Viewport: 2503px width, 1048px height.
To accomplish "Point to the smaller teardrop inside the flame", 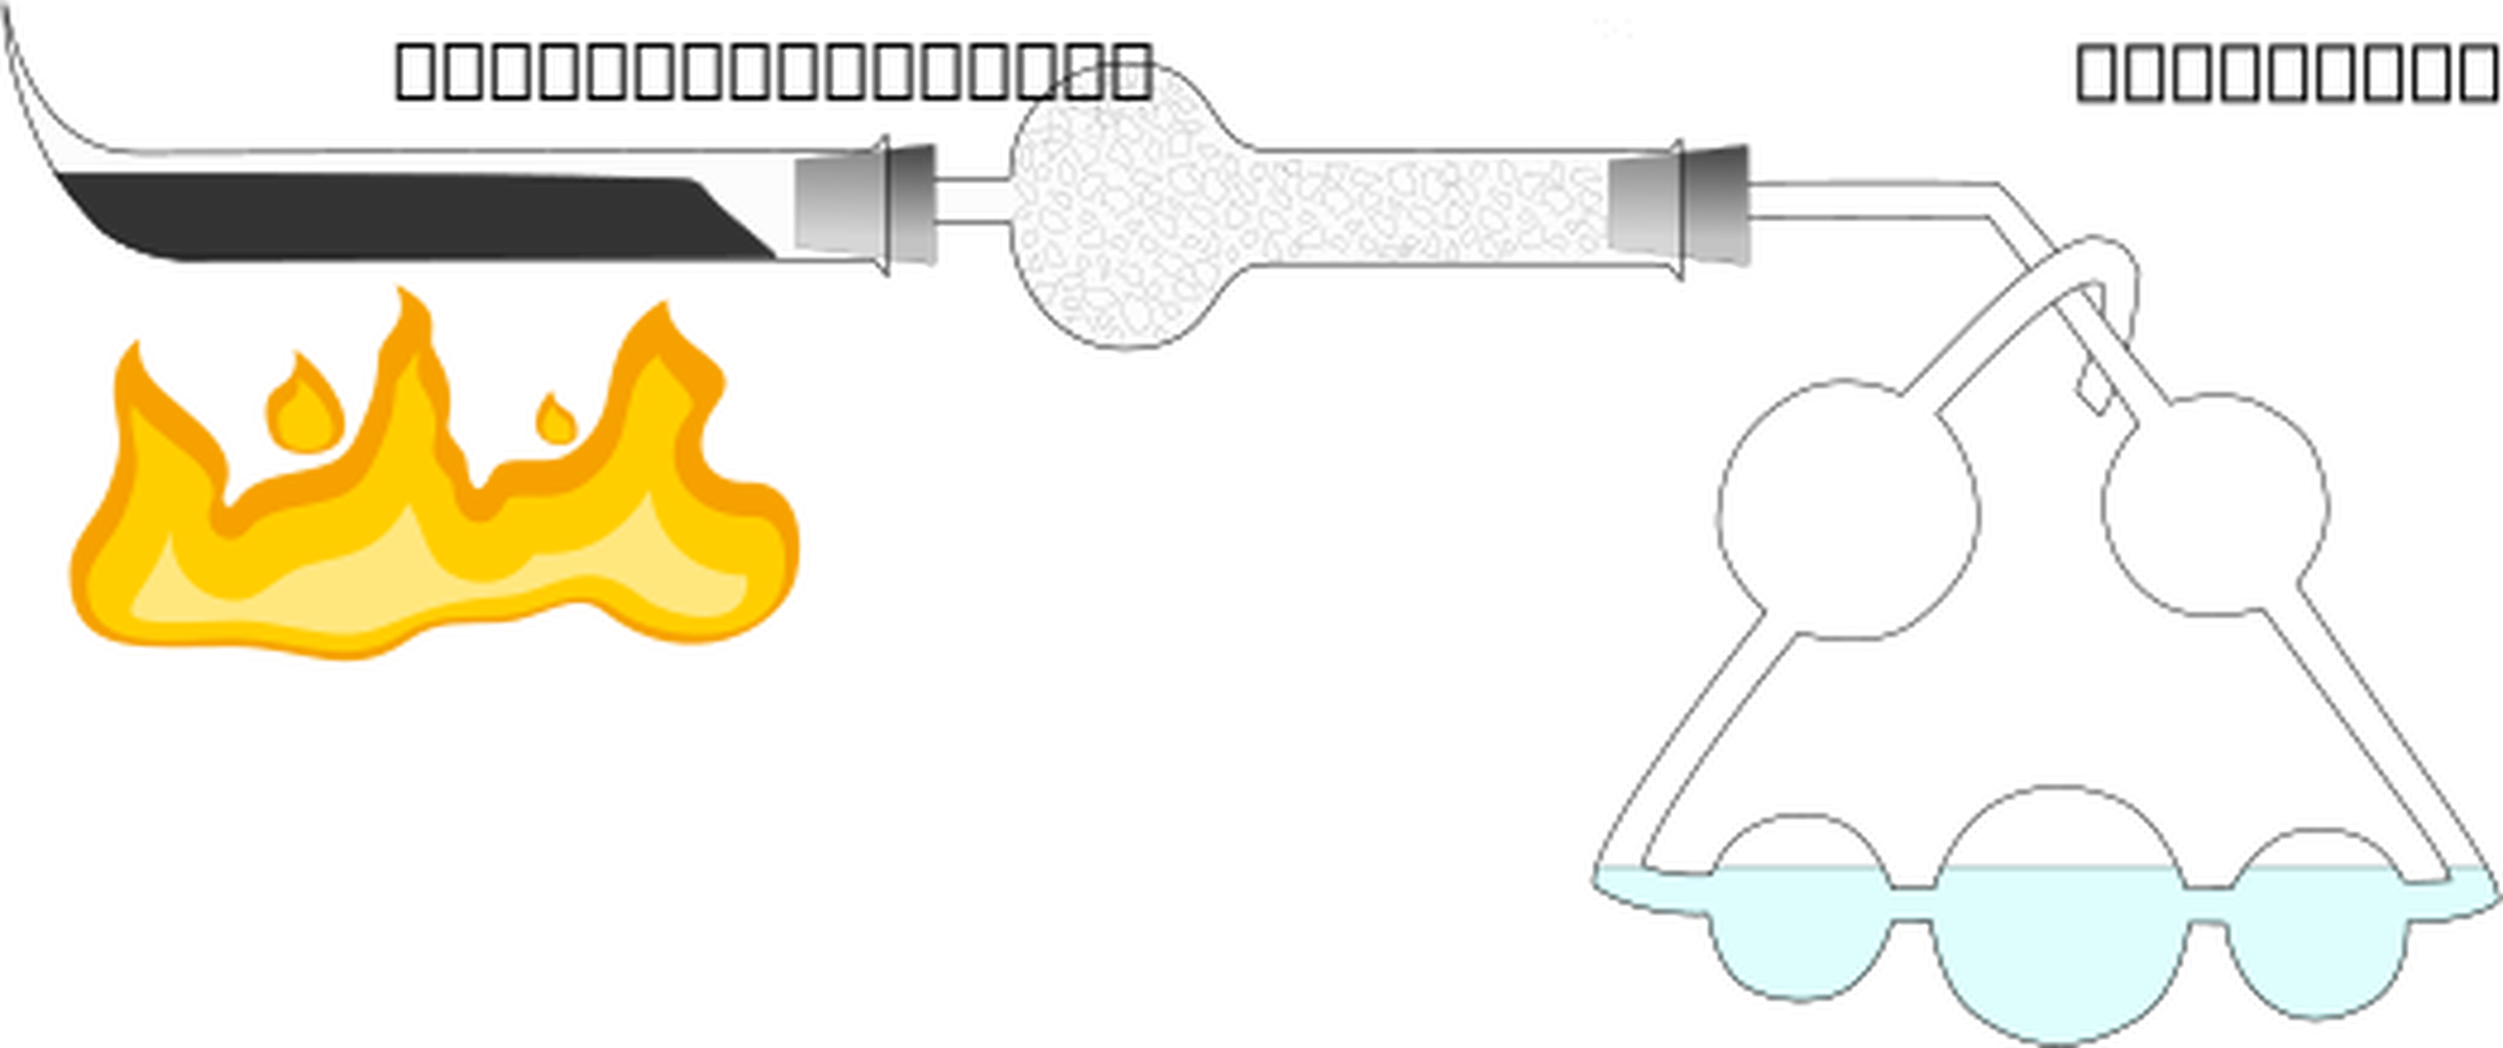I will click(x=555, y=422).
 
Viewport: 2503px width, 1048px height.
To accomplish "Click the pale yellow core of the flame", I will click(x=440, y=587).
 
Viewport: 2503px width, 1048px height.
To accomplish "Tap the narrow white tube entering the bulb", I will click(x=973, y=200).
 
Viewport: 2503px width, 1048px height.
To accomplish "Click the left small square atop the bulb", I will click(x=1081, y=82).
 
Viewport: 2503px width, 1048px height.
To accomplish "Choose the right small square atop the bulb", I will click(x=1131, y=81).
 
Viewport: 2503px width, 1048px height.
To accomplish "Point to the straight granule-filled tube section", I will click(x=1427, y=205).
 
